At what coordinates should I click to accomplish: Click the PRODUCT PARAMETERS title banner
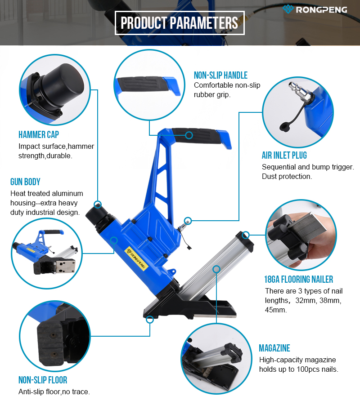pos(180,23)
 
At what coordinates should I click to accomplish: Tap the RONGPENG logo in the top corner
pos(315,9)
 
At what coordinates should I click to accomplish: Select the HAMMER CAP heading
pos(39,134)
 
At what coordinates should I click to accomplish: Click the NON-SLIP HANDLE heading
pos(220,75)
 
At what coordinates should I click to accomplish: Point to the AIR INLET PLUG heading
pos(284,155)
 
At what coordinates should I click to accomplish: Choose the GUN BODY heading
pos(25,182)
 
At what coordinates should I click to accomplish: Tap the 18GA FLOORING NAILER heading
pos(298,279)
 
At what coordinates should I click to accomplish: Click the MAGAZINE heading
pos(274,348)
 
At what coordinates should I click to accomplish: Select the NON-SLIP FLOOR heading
pos(43,380)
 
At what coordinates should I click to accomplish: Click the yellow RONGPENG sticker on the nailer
pos(136,258)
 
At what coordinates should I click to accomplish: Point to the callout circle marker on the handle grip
pos(189,135)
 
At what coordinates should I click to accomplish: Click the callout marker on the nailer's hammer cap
pos(98,205)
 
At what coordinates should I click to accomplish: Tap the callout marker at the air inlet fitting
pos(188,221)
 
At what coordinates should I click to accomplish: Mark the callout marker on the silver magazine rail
pos(216,269)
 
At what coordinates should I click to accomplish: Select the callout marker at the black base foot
pos(150,320)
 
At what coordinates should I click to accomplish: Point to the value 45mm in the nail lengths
pos(276,310)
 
